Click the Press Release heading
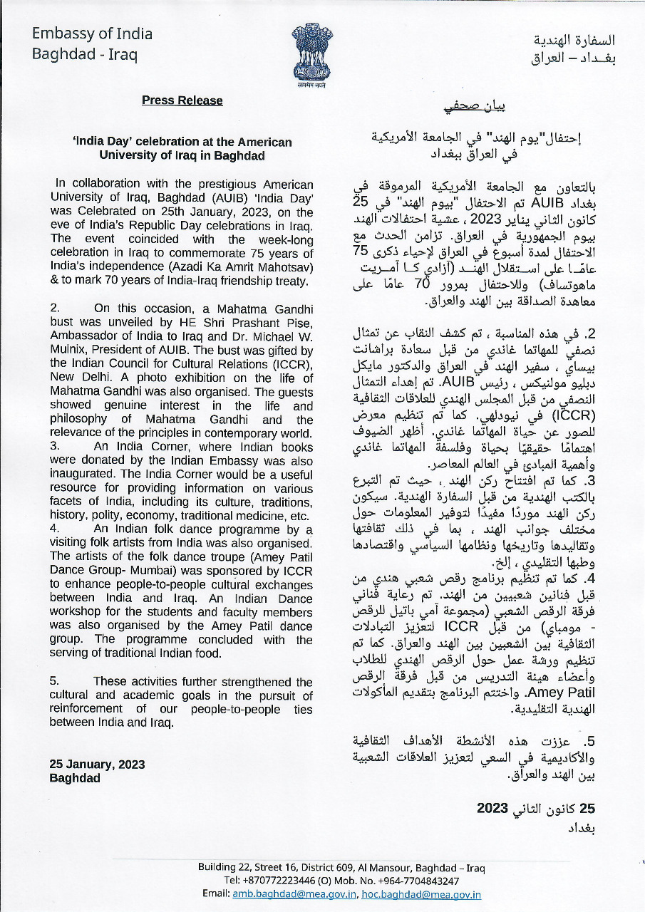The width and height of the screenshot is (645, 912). coord(182,100)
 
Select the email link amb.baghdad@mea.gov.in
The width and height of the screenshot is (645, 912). coord(294,894)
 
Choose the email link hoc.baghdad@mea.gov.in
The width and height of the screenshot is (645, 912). coord(421,894)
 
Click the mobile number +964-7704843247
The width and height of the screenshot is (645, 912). coord(417,881)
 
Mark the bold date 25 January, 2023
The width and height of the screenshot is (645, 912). coord(97,764)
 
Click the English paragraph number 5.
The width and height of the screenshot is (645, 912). coord(53,681)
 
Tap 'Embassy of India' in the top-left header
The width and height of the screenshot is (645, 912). coord(92,33)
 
